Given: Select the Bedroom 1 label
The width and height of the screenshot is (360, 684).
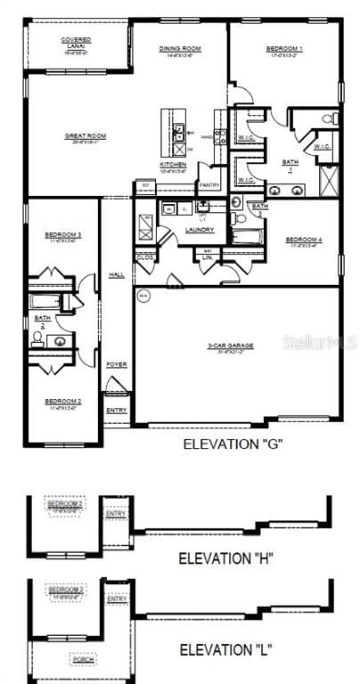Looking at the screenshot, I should point(284,49).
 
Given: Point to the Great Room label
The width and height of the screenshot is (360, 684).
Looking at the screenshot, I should point(86,136).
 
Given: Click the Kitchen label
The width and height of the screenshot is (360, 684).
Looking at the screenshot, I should point(173,165).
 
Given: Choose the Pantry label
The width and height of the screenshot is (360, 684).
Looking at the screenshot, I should point(209,184).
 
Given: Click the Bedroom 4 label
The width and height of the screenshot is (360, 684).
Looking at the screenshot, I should point(304,240).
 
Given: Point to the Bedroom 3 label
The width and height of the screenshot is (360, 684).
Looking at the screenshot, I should point(63,235).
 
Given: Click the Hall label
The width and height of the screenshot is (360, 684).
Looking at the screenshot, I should point(116,275).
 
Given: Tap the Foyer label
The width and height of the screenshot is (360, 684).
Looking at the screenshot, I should point(117,364).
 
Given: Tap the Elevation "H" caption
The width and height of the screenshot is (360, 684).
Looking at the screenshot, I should point(225,558).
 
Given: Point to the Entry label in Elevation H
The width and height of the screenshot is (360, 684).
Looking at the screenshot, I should point(116,513).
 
